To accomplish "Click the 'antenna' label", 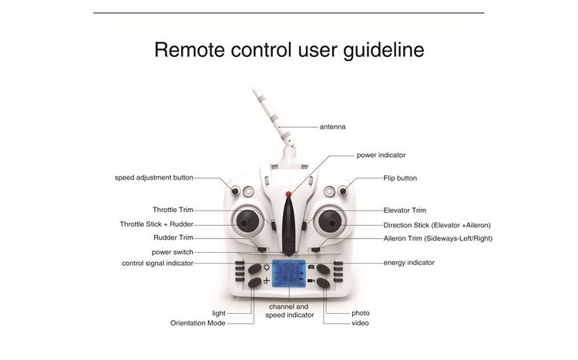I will [332, 126].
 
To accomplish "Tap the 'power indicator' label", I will [381, 155].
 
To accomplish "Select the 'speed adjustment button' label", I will [154, 177].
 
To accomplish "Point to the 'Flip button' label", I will [400, 178].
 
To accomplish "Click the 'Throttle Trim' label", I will [173, 210].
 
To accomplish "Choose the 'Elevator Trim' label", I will [405, 210].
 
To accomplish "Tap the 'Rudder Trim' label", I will [173, 237].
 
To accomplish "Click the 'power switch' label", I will [172, 251].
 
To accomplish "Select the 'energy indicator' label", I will [408, 263].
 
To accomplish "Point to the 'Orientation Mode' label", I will [198, 323].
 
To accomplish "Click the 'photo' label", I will [361, 313].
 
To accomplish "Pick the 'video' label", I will [360, 323].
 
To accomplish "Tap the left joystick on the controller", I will [246, 222].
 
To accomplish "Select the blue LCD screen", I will [289, 275].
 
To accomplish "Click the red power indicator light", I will [288, 193].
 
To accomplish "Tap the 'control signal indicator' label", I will [157, 263].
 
